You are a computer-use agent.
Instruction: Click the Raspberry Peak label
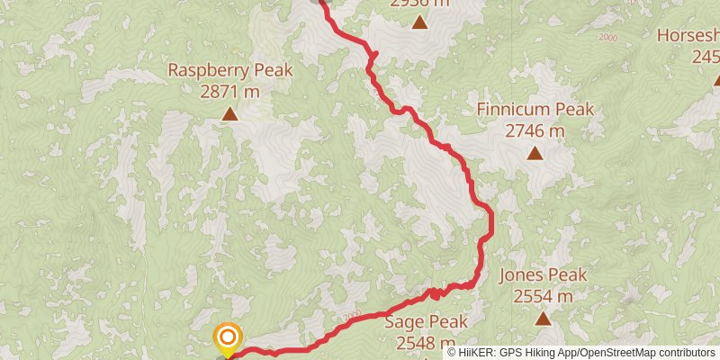click(229, 69)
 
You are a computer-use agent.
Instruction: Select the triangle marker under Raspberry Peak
click(230, 114)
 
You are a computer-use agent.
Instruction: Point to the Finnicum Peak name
click(535, 110)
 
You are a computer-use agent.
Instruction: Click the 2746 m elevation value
click(535, 130)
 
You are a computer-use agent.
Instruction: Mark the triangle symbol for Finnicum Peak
click(535, 154)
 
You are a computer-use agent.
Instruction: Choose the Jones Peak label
click(543, 275)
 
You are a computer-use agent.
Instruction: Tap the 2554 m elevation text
click(543, 296)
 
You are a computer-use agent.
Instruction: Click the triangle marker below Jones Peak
click(543, 318)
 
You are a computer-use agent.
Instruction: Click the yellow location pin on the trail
click(228, 338)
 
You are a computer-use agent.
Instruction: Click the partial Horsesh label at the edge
click(688, 35)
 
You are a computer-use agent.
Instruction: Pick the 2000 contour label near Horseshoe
click(607, 38)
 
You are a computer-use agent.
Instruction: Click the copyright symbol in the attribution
click(453, 353)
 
